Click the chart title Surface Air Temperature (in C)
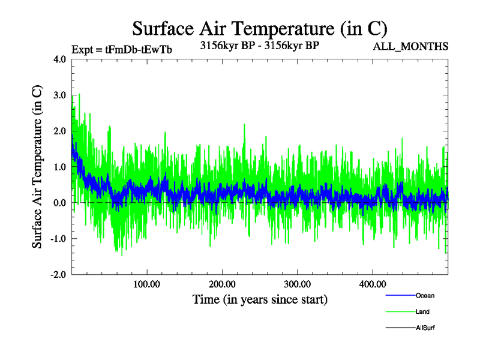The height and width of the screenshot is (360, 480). tap(259, 28)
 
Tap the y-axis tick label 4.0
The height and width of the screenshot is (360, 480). tap(59, 59)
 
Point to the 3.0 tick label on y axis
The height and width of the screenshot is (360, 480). tap(59, 95)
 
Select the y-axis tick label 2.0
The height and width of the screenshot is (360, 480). tap(59, 131)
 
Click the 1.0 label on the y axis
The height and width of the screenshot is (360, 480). tap(59, 167)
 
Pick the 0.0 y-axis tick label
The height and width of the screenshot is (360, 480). tap(59, 203)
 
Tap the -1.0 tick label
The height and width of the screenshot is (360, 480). tap(58, 239)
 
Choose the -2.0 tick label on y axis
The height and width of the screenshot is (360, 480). tap(58, 274)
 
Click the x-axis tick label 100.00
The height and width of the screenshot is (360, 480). tap(146, 284)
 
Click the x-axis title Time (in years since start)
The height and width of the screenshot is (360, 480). tap(260, 299)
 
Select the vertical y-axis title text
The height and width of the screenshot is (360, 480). tap(37, 167)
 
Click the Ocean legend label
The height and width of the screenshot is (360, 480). tap(425, 296)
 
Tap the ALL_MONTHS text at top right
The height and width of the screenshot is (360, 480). tap(411, 47)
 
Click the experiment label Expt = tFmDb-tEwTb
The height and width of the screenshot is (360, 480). tap(122, 50)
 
